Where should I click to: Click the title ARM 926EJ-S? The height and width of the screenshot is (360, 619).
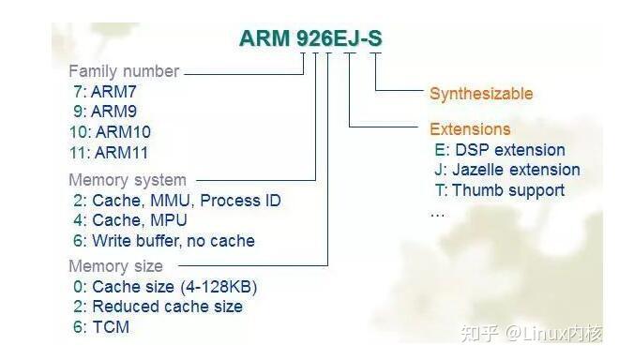pyautogui.click(x=310, y=38)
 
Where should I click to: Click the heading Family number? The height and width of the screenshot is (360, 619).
pyautogui.click(x=123, y=71)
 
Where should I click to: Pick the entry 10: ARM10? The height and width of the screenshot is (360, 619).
pyautogui.click(x=109, y=132)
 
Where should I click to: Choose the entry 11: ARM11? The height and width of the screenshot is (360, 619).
pyautogui.click(x=109, y=152)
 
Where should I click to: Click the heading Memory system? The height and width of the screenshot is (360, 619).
pyautogui.click(x=128, y=180)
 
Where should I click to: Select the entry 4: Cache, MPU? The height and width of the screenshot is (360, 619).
pyautogui.click(x=129, y=220)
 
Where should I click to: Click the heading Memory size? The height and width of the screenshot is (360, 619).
pyautogui.click(x=115, y=266)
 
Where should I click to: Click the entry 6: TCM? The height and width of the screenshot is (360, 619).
pyautogui.click(x=100, y=327)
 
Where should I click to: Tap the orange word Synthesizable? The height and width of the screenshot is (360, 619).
pyautogui.click(x=481, y=94)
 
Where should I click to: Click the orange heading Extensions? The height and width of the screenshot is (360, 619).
pyautogui.click(x=470, y=129)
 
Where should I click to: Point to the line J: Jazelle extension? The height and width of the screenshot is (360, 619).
pyautogui.click(x=507, y=171)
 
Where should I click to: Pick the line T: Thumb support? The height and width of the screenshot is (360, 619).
pyautogui.click(x=500, y=190)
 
